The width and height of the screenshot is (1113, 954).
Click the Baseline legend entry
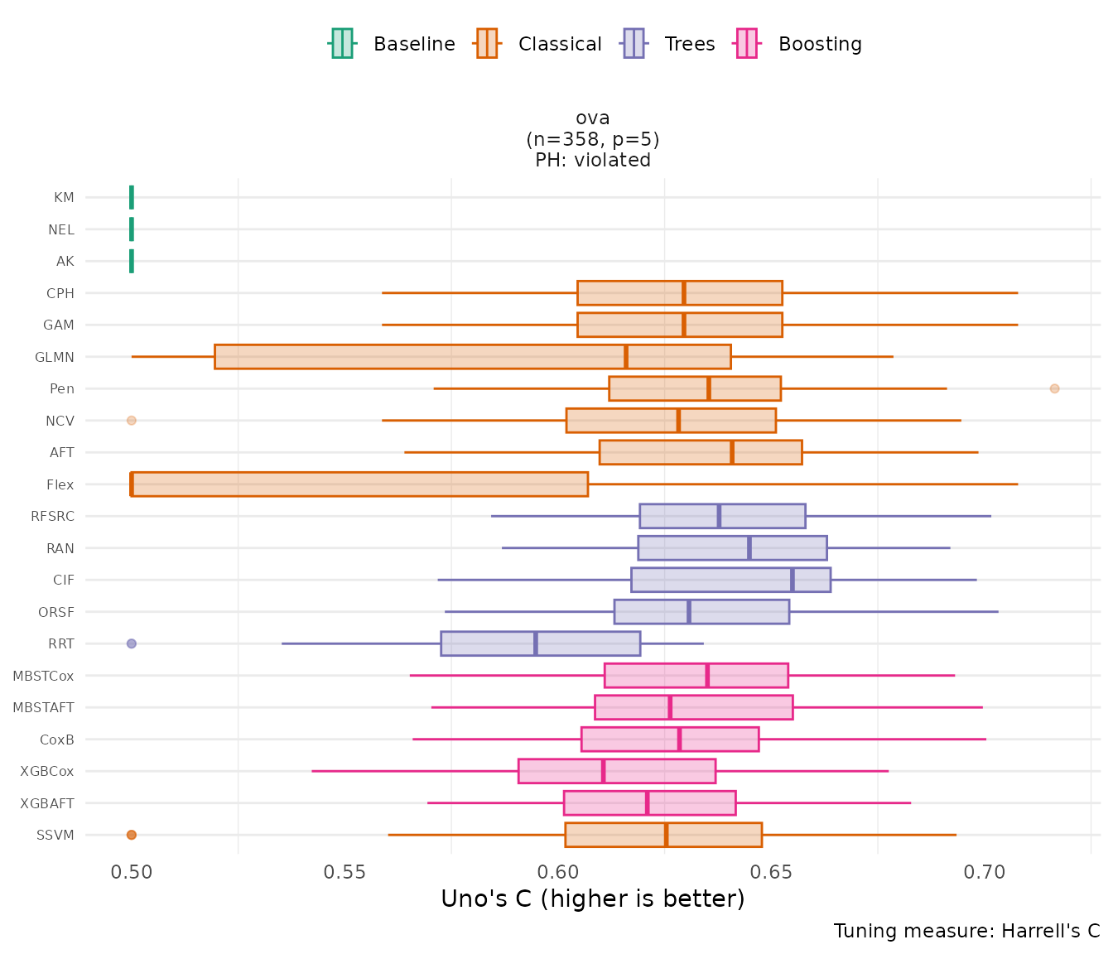(393, 44)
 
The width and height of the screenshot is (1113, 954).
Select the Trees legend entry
(669, 44)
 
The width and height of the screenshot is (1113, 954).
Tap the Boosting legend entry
(799, 44)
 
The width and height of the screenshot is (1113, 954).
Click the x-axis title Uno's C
(592, 899)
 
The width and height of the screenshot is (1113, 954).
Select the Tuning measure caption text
(966, 931)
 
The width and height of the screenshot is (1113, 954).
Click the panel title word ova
(593, 118)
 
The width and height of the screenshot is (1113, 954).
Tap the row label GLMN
(55, 357)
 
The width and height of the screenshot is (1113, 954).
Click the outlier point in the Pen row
(1054, 388)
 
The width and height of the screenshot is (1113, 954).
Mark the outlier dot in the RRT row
(131, 643)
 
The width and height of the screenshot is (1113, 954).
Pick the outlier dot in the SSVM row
(131, 835)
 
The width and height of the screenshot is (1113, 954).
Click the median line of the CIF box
(792, 580)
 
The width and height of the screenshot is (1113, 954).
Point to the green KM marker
(132, 197)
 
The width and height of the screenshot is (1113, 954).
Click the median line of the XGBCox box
(603, 771)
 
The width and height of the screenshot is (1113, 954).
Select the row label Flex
(60, 484)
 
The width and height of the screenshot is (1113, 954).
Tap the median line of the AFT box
(732, 452)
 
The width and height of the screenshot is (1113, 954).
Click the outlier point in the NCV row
(131, 421)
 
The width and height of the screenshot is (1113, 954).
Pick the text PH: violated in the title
(593, 160)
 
